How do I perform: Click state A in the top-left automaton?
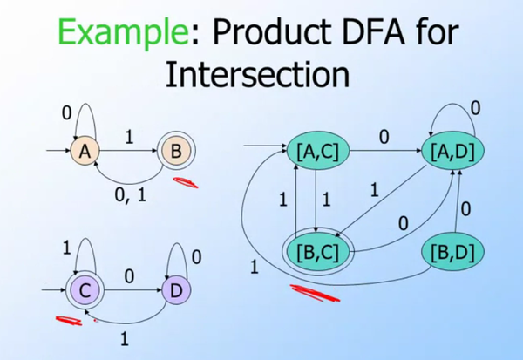85,152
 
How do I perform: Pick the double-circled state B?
174,152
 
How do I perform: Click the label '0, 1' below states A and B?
130,195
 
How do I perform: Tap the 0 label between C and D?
129,276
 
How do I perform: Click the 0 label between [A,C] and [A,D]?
383,137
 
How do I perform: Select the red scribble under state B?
185,182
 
